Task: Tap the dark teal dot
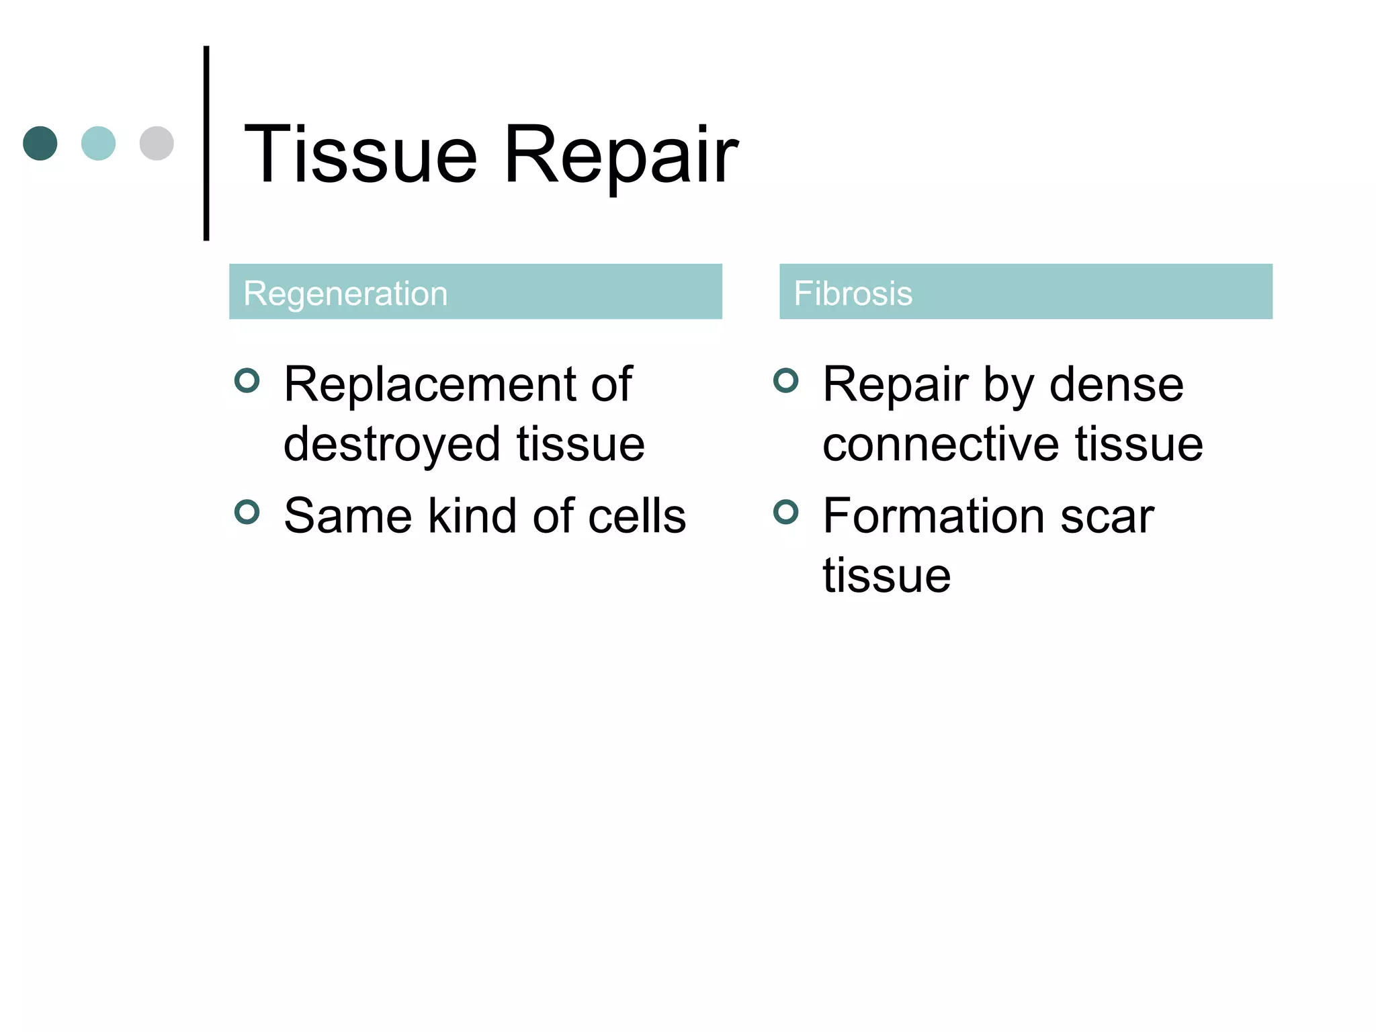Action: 40,143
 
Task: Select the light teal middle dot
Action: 98,143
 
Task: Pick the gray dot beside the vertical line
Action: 157,143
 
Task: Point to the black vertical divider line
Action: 206,143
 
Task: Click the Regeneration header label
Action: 345,293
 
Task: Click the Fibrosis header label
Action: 853,293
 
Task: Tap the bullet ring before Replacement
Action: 247,380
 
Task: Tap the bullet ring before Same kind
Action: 247,512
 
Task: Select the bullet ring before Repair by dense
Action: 786,380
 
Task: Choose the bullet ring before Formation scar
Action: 786,512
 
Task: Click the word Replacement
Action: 430,384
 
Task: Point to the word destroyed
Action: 392,445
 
